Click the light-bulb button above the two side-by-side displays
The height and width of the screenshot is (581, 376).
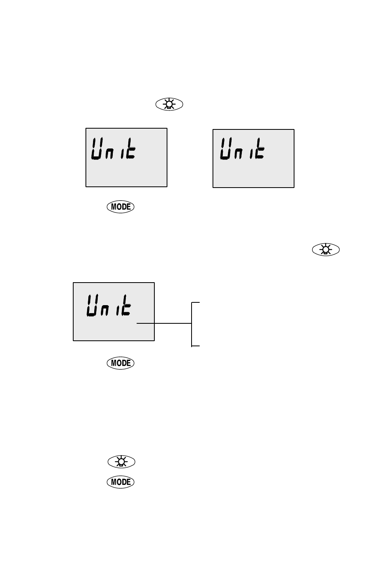[x=169, y=104]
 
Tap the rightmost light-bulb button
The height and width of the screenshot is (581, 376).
[x=326, y=249]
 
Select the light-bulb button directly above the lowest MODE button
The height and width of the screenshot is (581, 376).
[x=122, y=462]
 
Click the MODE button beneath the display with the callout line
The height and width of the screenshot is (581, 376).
[x=121, y=363]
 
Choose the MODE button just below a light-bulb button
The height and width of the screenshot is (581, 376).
[x=121, y=482]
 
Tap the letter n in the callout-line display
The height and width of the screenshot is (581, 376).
[x=104, y=310]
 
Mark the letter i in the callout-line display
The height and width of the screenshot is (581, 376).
[x=118, y=310]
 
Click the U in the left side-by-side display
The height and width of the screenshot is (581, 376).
[x=97, y=148]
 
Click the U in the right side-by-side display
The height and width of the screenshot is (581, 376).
[x=226, y=149]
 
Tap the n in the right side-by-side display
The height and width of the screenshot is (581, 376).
[x=238, y=154]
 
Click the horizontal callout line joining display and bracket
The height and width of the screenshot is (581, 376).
[x=164, y=323]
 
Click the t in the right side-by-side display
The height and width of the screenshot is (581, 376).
[x=260, y=148]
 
